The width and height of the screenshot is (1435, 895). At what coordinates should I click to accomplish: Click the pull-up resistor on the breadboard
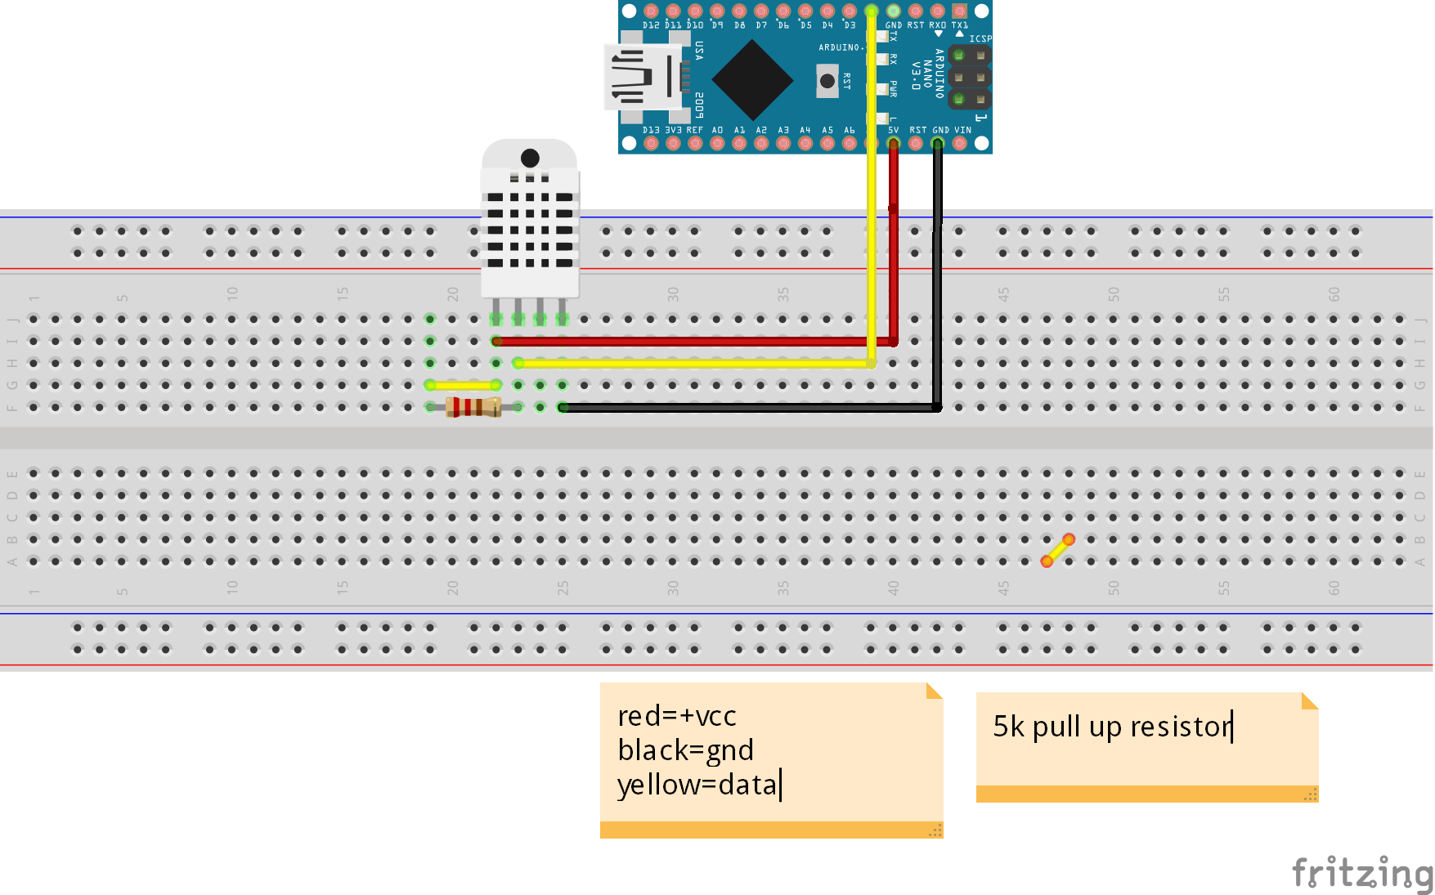click(473, 407)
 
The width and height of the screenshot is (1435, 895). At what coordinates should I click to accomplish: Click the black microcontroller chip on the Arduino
click(752, 80)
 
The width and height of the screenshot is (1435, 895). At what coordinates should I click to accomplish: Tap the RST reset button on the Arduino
click(827, 81)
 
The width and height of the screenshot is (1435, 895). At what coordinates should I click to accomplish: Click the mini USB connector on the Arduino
click(642, 78)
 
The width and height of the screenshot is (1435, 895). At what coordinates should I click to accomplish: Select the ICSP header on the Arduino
click(969, 78)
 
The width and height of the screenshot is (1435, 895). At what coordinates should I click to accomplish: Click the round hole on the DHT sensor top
click(530, 158)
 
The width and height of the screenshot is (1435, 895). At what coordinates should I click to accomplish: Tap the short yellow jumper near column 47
click(1058, 550)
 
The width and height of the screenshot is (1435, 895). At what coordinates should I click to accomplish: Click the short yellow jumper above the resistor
click(463, 385)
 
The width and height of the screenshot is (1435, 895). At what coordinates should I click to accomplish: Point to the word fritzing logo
click(1361, 873)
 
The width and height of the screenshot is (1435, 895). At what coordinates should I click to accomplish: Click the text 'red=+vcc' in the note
click(677, 716)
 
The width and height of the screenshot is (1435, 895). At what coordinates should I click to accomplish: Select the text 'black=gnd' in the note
click(685, 750)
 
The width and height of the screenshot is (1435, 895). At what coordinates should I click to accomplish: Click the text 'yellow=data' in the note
click(697, 785)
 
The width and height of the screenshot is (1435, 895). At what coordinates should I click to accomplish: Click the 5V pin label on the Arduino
click(893, 130)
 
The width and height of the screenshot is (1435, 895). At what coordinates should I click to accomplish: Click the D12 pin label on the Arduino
click(651, 25)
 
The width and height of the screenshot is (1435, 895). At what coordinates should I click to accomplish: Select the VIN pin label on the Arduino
click(963, 130)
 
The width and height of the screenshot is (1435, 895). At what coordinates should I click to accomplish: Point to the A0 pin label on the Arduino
click(717, 130)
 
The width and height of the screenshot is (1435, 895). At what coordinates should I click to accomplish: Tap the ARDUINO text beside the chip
click(839, 47)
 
